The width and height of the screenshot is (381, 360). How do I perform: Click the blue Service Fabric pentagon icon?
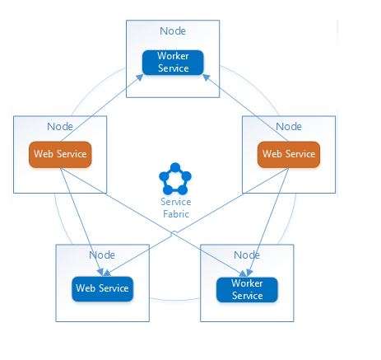(x=175, y=179)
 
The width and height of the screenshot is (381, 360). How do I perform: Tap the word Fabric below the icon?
(x=176, y=214)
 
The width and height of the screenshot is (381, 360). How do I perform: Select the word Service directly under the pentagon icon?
(x=176, y=202)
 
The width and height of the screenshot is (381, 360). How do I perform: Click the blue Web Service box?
(x=103, y=288)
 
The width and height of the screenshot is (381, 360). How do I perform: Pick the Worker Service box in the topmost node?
(x=173, y=63)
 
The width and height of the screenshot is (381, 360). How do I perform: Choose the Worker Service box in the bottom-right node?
(x=247, y=290)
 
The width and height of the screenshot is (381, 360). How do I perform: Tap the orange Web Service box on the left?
(x=60, y=154)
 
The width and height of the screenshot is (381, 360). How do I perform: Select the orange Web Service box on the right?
(x=289, y=154)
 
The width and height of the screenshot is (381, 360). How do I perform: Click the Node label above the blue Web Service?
(x=102, y=255)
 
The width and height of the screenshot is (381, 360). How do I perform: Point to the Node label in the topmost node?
(x=173, y=30)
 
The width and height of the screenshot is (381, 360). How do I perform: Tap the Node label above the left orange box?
(x=60, y=127)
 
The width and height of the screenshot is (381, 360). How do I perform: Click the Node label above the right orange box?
(x=289, y=127)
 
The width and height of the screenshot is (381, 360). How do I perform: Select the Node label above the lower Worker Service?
(x=247, y=255)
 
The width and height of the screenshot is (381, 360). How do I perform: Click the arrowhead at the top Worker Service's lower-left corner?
(x=140, y=77)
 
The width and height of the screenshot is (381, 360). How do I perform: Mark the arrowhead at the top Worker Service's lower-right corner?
(x=207, y=77)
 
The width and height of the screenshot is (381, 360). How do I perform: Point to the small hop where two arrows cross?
(x=174, y=233)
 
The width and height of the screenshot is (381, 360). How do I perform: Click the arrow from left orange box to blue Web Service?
(x=81, y=222)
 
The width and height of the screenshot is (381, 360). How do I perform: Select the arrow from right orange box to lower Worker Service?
(x=268, y=222)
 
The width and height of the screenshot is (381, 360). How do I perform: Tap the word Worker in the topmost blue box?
(x=173, y=56)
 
